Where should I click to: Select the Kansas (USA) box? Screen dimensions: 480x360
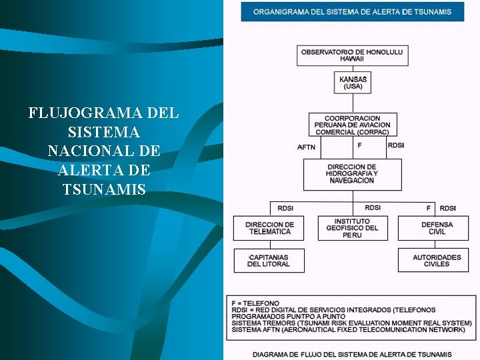[353, 83]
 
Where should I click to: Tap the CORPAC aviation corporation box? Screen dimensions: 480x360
[353, 125]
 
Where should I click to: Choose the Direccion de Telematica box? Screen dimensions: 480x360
[269, 228]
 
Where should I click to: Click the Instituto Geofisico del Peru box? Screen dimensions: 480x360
[352, 228]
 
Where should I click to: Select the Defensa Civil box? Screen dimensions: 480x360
[437, 228]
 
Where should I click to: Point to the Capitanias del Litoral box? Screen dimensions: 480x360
[269, 261]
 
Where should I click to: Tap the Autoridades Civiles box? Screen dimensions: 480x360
[437, 261]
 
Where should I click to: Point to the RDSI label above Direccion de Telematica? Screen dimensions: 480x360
[286, 208]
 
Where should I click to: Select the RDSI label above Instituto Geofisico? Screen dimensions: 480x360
[373, 207]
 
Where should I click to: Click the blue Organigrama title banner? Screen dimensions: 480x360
[352, 11]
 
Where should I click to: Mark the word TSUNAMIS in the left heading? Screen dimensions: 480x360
[104, 190]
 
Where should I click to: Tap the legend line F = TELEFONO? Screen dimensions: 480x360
[255, 303]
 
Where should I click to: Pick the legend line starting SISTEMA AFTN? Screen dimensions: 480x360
[347, 330]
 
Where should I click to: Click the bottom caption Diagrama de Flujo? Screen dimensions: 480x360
[352, 354]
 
